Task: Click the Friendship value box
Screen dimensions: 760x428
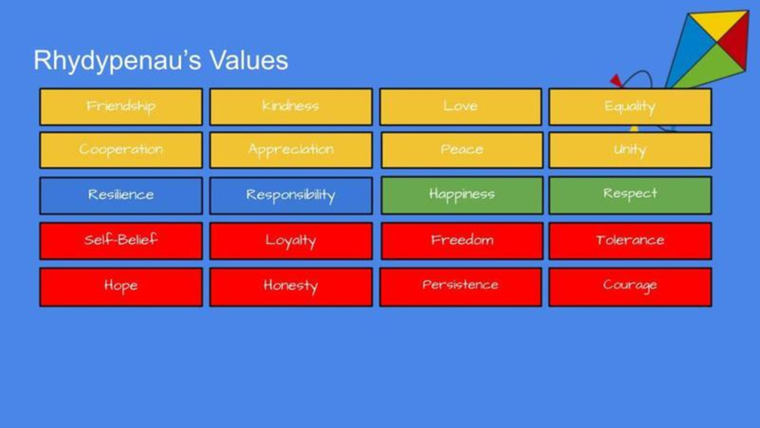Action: point(121,107)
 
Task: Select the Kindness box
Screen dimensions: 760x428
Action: point(291,107)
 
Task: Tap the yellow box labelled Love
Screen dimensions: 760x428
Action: point(461,107)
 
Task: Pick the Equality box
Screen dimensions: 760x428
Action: point(630,107)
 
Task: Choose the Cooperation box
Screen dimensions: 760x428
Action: point(121,150)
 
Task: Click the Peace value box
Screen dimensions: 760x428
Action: point(462,150)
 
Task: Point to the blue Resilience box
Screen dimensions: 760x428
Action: point(121,195)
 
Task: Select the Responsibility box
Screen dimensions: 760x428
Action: point(291,195)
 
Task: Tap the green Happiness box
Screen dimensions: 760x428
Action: point(462,195)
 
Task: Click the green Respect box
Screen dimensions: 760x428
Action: point(630,195)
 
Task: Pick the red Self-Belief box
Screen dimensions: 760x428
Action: point(121,241)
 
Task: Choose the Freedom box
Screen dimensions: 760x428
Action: point(462,241)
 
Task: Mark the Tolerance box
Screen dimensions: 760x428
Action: point(630,241)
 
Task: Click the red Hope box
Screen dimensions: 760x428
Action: point(121,287)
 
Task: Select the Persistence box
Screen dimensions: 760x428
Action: point(461,287)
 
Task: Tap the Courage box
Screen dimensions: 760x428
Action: point(630,287)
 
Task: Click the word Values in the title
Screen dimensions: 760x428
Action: point(249,61)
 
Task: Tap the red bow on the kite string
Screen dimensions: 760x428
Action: point(616,81)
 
